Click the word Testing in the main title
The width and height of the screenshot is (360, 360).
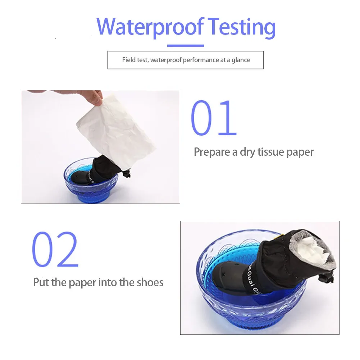242,28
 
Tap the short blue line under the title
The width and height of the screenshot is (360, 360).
186,45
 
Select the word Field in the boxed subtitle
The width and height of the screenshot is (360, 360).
129,60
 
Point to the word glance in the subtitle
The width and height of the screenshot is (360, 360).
241,60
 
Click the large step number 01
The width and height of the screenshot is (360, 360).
214,118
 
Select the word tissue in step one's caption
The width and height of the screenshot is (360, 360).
270,152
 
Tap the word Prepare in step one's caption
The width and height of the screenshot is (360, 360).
212,152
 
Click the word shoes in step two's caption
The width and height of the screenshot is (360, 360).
150,282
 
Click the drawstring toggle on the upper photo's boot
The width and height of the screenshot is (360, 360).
127,173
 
